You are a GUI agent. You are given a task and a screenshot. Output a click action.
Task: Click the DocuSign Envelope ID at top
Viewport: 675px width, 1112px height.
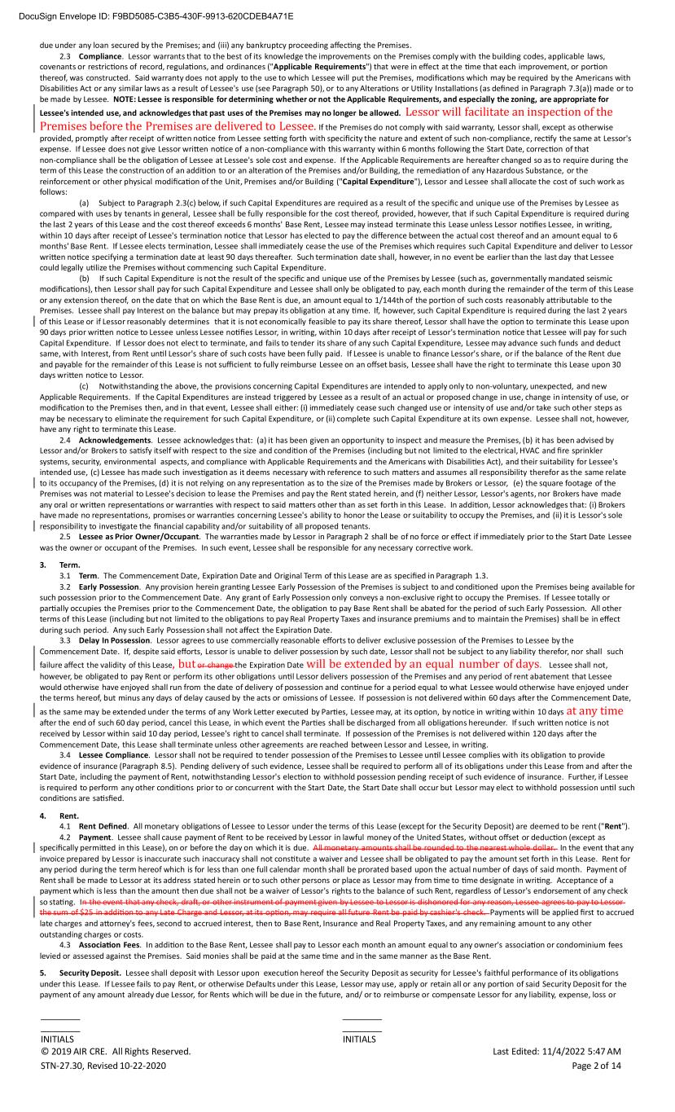point(147,15)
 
